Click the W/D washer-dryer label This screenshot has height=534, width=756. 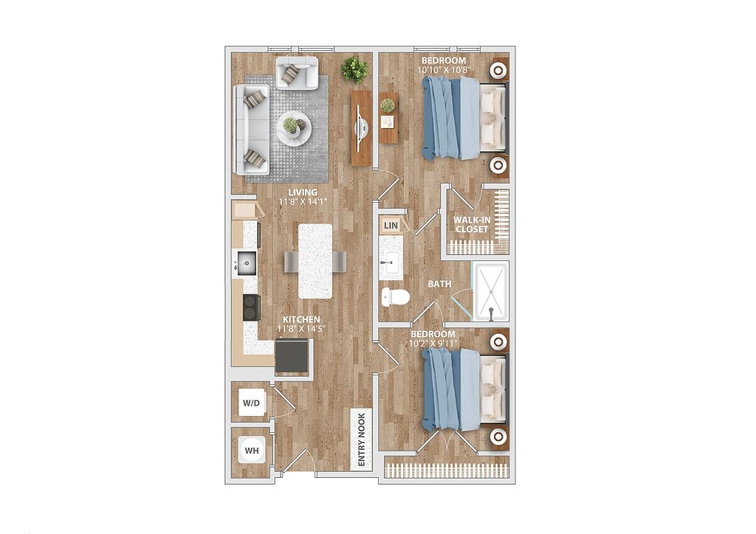[x=251, y=403]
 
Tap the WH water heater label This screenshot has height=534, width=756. [x=252, y=451]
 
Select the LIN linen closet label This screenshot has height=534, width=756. [x=391, y=226]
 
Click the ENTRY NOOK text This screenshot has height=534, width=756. [x=362, y=440]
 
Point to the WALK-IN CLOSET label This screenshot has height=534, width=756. [x=472, y=224]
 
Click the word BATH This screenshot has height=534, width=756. [x=440, y=284]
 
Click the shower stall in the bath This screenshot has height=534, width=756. [x=490, y=292]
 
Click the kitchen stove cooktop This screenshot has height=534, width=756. [x=251, y=308]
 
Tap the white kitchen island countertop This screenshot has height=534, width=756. [x=315, y=261]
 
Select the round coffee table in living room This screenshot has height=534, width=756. [x=294, y=128]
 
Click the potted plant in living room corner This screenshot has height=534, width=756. [x=355, y=70]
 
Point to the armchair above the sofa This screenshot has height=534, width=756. [x=297, y=73]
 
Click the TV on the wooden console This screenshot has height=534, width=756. [x=361, y=128]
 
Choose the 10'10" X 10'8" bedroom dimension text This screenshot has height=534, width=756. [x=444, y=70]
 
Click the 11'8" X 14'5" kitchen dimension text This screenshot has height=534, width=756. [x=301, y=329]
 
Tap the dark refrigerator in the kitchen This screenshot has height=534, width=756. [x=292, y=357]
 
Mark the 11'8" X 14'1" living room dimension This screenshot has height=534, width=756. [x=303, y=202]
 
